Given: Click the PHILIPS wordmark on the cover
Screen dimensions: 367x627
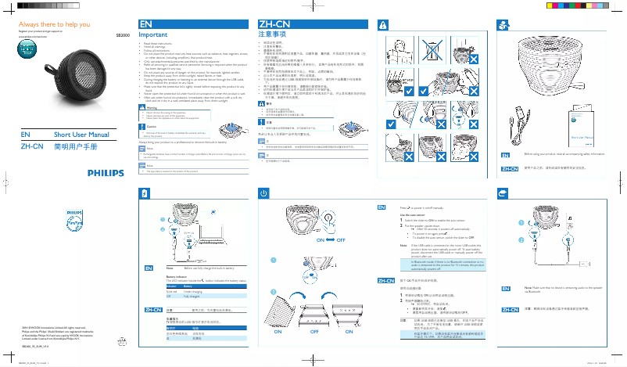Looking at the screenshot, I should (104, 172).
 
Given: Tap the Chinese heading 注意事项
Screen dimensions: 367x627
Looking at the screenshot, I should (269, 35).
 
